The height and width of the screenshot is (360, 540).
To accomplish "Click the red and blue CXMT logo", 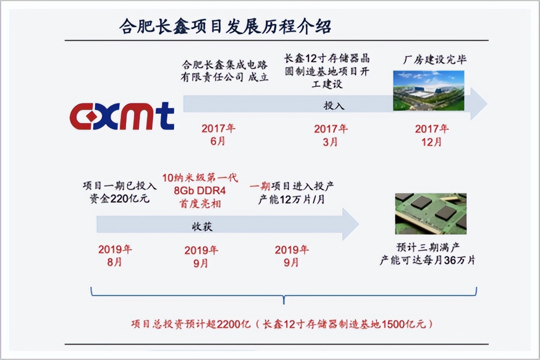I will [122, 116].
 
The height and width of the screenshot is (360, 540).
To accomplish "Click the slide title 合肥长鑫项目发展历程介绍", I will [225, 26].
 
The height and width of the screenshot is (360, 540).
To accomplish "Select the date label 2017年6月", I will [218, 134].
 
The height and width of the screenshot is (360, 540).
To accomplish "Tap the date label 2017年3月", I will [331, 134].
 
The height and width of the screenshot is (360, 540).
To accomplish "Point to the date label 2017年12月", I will [432, 134].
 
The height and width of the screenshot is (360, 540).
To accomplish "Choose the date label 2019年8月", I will [115, 255].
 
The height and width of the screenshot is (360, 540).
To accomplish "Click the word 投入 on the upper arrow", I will [334, 105].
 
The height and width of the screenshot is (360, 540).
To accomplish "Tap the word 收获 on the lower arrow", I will [202, 227].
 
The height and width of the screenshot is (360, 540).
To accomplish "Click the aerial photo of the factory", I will [428, 90].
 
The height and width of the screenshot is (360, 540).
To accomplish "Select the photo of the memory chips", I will [430, 213].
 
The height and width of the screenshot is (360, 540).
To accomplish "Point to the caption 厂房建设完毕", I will [435, 59].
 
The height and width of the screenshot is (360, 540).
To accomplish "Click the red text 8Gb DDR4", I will [200, 191].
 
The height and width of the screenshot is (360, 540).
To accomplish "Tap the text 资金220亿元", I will [119, 199].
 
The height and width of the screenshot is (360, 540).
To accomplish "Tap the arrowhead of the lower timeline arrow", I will [351, 224].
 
